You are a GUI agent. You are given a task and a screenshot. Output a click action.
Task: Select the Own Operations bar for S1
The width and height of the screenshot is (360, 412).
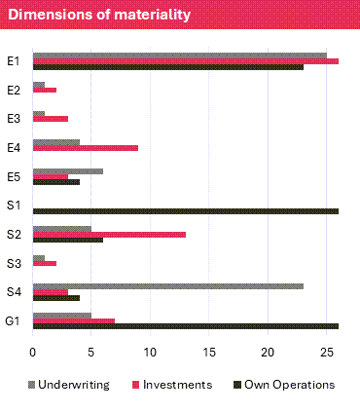click(185, 210)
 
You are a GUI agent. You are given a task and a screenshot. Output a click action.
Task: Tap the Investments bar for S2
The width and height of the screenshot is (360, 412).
click(109, 235)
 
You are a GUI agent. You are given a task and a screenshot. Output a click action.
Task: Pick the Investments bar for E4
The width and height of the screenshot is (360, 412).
click(86, 148)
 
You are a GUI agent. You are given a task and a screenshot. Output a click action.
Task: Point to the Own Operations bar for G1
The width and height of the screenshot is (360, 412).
click(185, 326)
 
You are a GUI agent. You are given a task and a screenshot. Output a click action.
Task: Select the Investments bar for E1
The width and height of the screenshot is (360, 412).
click(185, 61)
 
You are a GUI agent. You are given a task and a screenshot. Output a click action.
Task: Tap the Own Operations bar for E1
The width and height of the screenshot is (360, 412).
click(168, 67)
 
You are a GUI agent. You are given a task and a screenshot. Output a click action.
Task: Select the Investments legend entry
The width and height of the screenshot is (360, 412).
click(170, 385)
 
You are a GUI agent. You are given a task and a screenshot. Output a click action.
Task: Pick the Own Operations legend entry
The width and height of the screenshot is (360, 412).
click(283, 385)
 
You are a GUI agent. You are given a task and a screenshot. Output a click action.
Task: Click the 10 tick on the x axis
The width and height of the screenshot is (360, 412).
click(150, 351)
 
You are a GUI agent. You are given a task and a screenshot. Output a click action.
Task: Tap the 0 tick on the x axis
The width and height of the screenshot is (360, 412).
click(33, 351)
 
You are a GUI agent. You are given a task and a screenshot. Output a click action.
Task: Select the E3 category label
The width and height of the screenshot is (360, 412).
click(14, 119)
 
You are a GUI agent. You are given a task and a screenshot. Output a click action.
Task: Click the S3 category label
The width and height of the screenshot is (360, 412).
click(14, 263)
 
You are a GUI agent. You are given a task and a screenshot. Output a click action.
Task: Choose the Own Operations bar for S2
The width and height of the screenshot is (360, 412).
click(68, 241)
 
